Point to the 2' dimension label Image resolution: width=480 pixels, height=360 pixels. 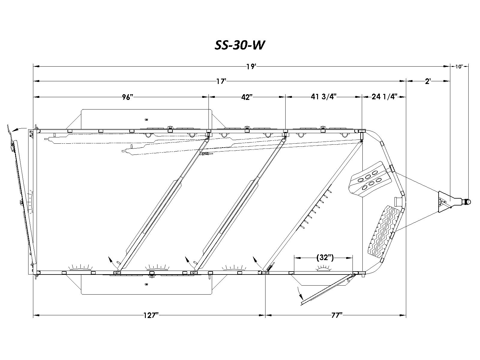tap(428, 81)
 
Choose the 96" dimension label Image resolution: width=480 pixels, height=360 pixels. tap(127, 97)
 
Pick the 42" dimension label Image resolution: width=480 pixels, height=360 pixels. tap(247, 97)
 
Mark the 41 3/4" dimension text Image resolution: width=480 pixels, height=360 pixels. tap(324, 97)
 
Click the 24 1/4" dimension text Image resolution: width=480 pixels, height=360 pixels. tap(384, 97)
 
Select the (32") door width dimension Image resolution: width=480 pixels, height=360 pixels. tap(325, 258)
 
